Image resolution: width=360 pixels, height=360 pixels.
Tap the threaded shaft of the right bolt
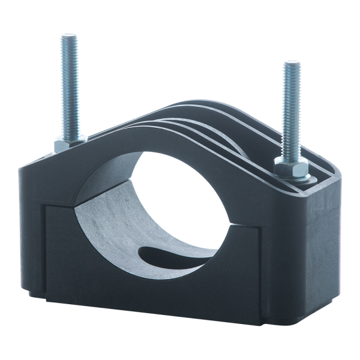point(291,108)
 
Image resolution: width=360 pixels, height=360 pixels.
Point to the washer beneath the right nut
point(300,178)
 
